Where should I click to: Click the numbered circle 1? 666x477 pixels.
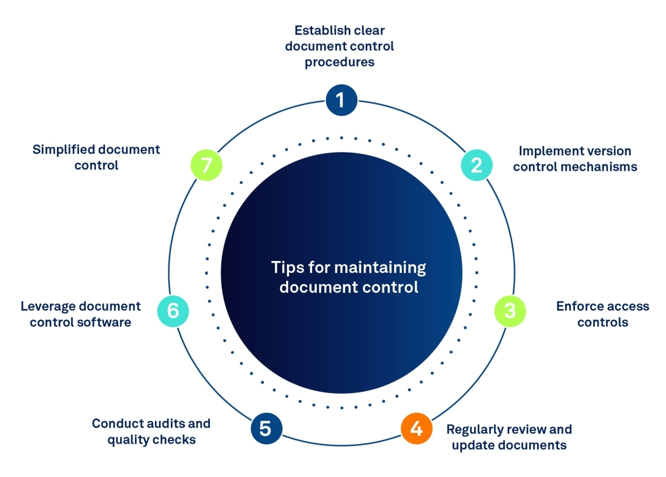[341, 100]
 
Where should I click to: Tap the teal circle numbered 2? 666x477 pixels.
[477, 165]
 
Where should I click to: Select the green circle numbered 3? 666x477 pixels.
[510, 311]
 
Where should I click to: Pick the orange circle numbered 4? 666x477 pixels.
[417, 428]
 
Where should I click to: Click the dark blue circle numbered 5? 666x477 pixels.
[266, 428]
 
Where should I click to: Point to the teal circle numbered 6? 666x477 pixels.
[173, 311]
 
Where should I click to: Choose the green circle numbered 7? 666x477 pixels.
[206, 165]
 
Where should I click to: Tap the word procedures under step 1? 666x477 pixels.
[340, 62]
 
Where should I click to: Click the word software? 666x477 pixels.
[108, 322]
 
